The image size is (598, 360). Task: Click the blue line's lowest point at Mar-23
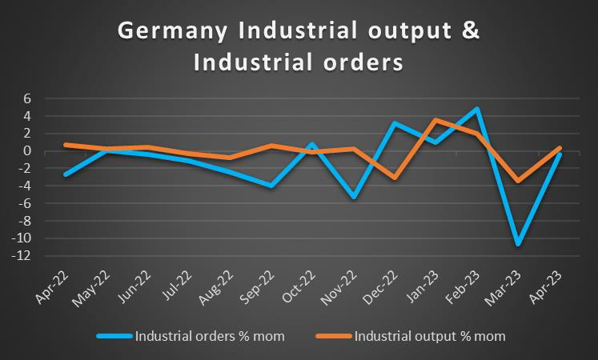[519, 243]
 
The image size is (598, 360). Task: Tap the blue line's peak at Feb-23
[476, 109]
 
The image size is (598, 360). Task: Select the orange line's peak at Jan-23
[434, 120]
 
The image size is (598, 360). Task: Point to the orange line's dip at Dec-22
[392, 178]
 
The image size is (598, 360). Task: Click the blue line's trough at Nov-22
[353, 197]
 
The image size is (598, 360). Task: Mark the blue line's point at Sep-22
[271, 186]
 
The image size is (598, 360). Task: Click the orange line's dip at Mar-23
[519, 181]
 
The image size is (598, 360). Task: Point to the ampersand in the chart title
[473, 31]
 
